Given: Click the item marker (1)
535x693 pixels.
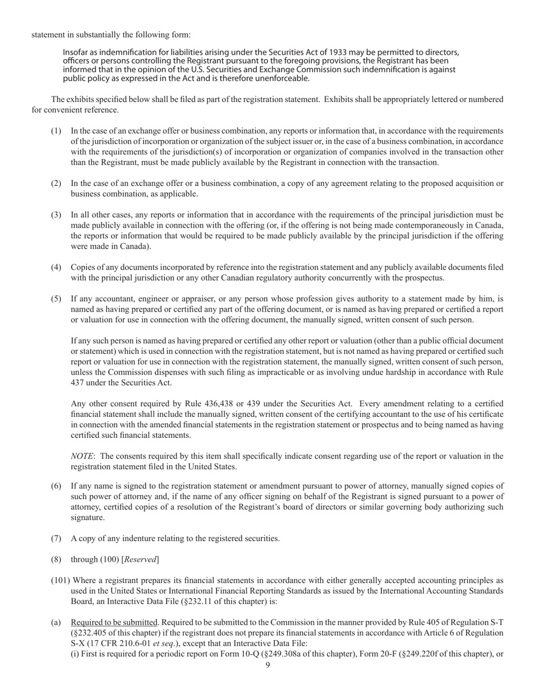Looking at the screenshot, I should tap(56, 131).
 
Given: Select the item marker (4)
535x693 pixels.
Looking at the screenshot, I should tap(56, 267).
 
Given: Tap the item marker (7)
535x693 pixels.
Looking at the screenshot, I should tap(56, 538).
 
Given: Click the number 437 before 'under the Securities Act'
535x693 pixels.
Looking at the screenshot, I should tap(78, 383).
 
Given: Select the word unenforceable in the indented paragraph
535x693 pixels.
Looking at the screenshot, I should tap(280, 78).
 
